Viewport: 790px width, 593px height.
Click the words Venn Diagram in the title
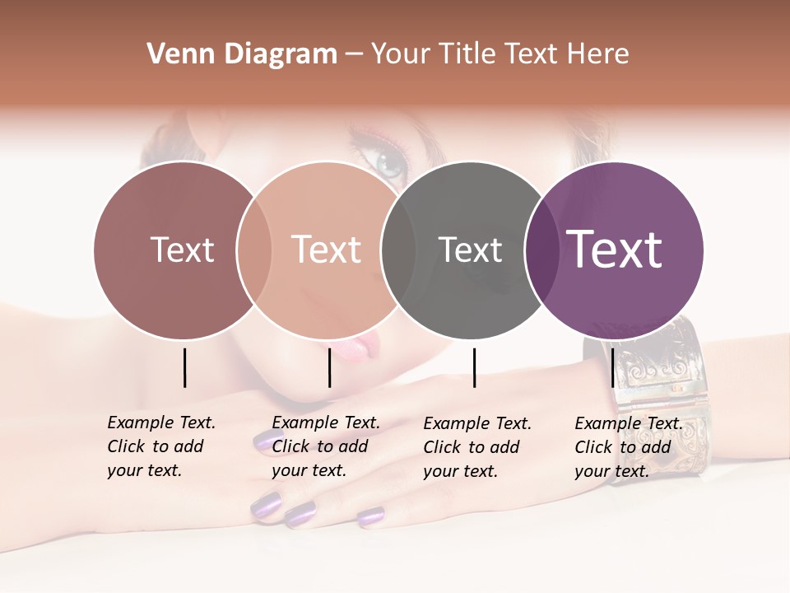pos(242,54)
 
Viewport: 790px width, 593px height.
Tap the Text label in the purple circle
pos(615,249)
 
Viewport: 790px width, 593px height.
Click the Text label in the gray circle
pos(470,250)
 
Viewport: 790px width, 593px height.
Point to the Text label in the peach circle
pos(327,250)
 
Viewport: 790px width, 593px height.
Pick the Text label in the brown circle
pos(182,250)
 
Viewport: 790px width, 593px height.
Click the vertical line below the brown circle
pos(184,367)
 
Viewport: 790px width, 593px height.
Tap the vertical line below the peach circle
pos(329,367)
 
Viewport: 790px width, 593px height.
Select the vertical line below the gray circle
pos(474,367)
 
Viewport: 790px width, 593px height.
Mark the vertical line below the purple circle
pos(612,367)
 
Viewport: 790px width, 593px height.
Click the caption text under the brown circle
pos(161,446)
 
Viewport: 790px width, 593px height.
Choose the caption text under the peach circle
pos(326,446)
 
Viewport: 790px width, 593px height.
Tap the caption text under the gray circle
pos(477,447)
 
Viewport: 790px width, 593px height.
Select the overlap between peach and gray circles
pos(398,250)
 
